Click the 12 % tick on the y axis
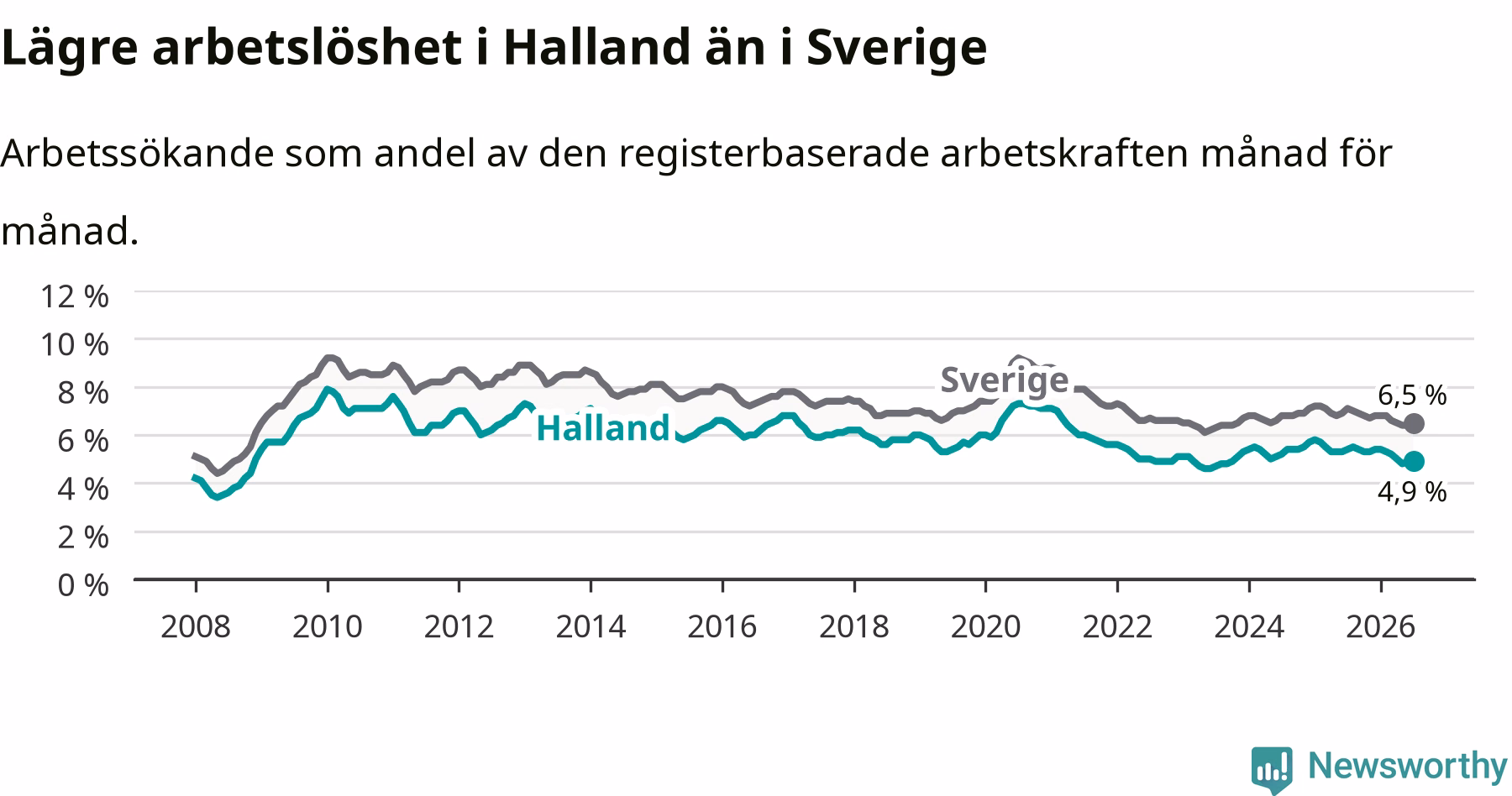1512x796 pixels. (x=74, y=296)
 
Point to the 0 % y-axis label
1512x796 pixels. (x=83, y=585)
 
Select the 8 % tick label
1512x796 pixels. (x=83, y=392)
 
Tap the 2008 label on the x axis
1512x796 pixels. (x=196, y=626)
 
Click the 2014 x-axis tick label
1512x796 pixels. (x=591, y=626)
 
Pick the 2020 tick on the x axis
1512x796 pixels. (x=985, y=626)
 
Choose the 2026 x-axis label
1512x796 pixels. (x=1380, y=626)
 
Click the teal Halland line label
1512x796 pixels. (x=602, y=428)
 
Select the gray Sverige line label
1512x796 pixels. (x=1004, y=380)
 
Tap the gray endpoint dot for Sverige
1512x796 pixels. (x=1414, y=423)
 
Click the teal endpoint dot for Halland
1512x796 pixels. (x=1414, y=461)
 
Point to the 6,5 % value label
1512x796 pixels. (x=1412, y=395)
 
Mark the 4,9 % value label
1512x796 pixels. (x=1412, y=491)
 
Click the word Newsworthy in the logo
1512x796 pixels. (x=1408, y=767)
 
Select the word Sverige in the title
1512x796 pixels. (x=896, y=49)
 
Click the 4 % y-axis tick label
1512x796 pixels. (x=83, y=489)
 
